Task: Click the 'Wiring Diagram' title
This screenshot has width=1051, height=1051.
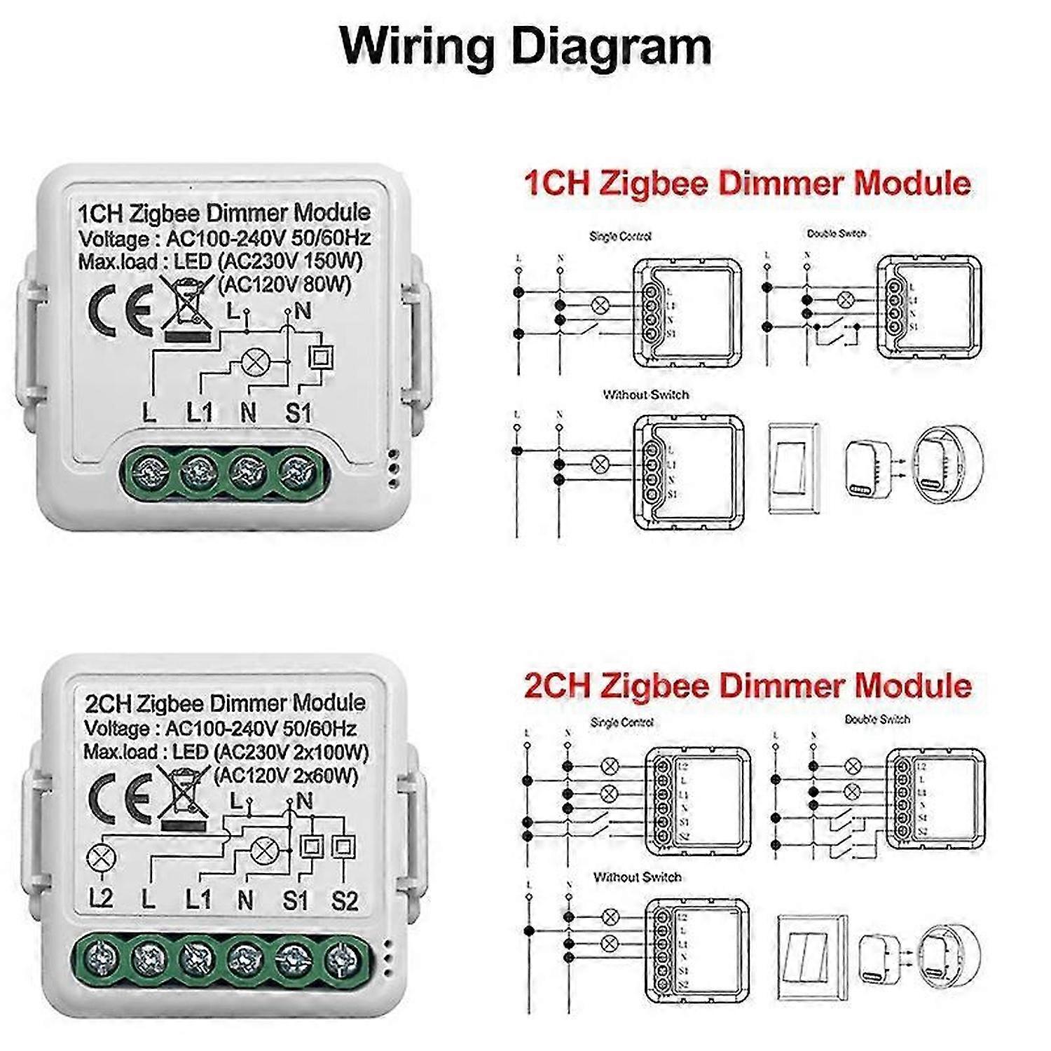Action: [525, 46]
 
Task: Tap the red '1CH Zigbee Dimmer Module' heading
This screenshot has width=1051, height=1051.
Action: [748, 184]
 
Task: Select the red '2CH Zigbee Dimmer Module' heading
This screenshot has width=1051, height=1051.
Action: [748, 685]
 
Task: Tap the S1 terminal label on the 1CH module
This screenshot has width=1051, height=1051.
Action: [298, 413]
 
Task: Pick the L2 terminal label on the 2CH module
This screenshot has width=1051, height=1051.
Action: [101, 899]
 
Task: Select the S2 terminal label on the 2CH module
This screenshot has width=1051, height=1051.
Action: [345, 900]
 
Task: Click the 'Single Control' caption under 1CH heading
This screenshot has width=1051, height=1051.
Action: [620, 236]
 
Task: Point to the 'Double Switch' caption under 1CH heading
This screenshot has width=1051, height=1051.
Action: [836, 233]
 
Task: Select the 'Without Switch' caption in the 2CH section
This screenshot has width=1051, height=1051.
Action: [637, 877]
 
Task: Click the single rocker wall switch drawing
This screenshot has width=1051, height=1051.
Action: [793, 468]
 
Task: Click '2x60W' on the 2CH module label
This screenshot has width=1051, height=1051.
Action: [327, 776]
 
